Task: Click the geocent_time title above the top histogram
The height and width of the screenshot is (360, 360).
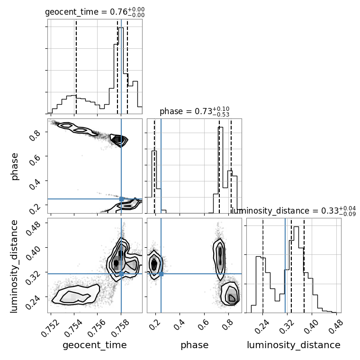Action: pos(95,12)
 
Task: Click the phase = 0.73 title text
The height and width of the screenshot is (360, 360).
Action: pos(195,111)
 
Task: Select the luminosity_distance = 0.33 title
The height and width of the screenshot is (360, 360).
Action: pos(294,211)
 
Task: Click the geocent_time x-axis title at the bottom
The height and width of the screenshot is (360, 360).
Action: pos(95,345)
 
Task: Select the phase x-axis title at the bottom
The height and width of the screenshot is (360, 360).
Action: pos(195,345)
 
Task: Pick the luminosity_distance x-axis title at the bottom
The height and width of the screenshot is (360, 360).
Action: pos(294,345)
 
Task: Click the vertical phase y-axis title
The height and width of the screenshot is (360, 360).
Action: pos(14,166)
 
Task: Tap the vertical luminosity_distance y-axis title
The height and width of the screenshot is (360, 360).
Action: pos(14,266)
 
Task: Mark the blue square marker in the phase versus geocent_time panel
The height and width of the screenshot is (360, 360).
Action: pos(121,199)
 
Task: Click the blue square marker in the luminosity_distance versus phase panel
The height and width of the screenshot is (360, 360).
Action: pos(161,274)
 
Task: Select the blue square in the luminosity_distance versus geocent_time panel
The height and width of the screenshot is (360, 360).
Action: pos(121,274)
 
